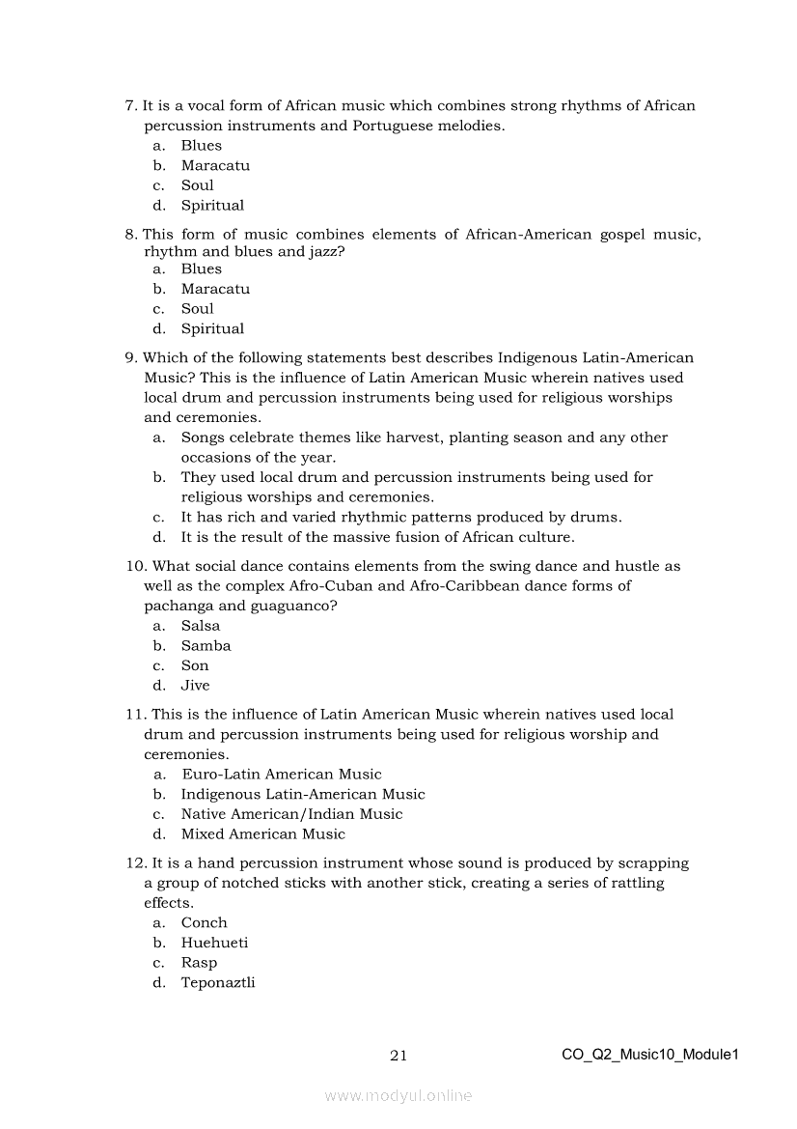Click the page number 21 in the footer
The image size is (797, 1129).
pos(398,1056)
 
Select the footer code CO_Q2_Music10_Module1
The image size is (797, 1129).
pos(649,1055)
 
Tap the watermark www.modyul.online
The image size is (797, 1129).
pos(398,1095)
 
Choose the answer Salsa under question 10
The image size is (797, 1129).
pos(201,626)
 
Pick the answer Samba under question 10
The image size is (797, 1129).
pos(206,646)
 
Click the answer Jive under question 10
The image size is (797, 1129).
pos(195,686)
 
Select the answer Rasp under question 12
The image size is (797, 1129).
pos(199,963)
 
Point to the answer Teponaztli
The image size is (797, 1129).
pos(218,983)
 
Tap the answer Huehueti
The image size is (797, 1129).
pos(214,943)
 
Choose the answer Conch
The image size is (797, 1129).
pos(204,923)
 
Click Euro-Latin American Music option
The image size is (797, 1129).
pos(281,775)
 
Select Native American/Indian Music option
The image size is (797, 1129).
pos(291,814)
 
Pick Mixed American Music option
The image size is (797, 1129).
pos(262,834)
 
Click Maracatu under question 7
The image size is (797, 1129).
pos(215,166)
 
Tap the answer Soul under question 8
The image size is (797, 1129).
pos(197,309)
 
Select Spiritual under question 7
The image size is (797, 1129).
pos(212,206)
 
